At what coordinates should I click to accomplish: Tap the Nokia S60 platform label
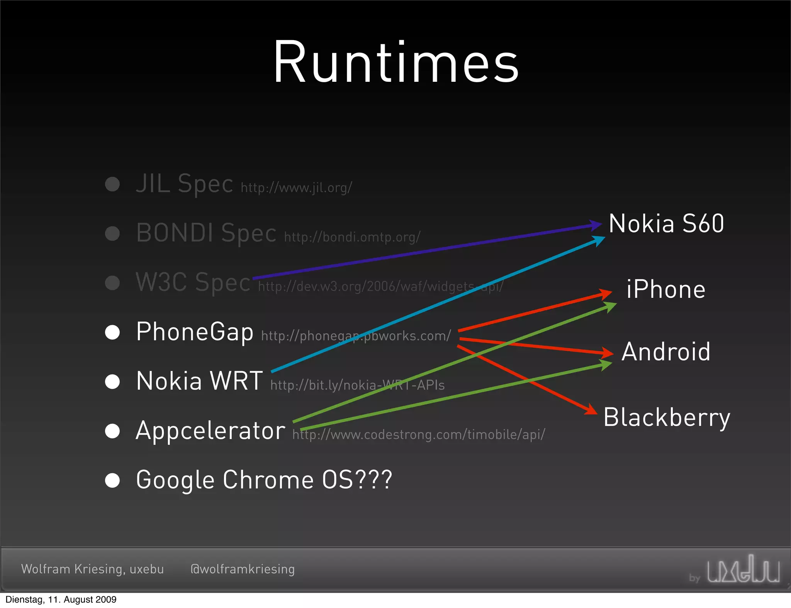[x=666, y=223]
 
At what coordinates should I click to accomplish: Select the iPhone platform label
[x=665, y=289]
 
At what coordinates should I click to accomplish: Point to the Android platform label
[x=666, y=351]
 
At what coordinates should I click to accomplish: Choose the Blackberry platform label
[x=667, y=417]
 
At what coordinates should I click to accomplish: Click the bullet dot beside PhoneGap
[x=112, y=332]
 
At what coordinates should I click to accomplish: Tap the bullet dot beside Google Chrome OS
[x=112, y=480]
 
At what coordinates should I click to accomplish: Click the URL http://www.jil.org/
[x=296, y=188]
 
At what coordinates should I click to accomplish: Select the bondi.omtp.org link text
[x=352, y=237]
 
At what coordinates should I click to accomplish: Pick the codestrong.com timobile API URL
[x=419, y=435]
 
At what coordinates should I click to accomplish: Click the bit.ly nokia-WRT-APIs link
[x=357, y=385]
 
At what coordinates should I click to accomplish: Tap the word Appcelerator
[x=210, y=431]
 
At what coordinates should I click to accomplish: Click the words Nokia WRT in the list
[x=199, y=381]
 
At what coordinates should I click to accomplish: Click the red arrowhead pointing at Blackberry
[x=592, y=410]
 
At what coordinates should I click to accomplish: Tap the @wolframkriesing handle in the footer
[x=243, y=569]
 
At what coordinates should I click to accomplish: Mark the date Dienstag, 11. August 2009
[x=61, y=600]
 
